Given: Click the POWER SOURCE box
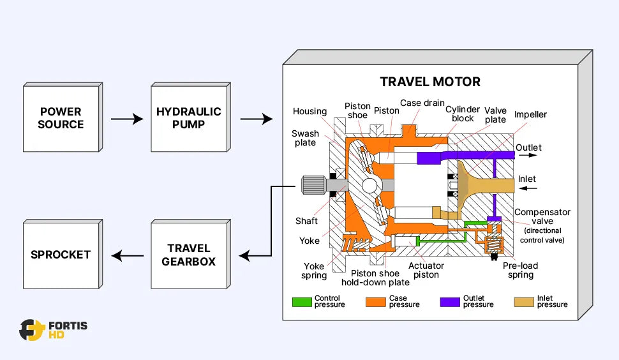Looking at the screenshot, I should click(x=61, y=118).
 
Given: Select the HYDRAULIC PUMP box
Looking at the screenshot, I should click(x=188, y=118).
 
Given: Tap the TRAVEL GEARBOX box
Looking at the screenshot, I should click(x=188, y=255).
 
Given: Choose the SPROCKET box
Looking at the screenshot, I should click(x=61, y=255).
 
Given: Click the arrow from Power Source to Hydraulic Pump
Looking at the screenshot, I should click(x=126, y=119).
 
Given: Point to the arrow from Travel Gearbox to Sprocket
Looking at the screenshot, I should click(x=127, y=256).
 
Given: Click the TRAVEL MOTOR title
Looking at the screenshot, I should click(x=430, y=82).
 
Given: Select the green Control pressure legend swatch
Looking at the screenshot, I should click(x=301, y=301).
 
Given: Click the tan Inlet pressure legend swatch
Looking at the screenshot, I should click(x=525, y=301).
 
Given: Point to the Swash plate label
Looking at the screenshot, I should click(x=305, y=138).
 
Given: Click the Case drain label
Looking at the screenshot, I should click(x=422, y=103).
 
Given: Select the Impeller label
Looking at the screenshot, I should click(x=531, y=115).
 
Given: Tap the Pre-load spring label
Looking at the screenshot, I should click(x=521, y=270).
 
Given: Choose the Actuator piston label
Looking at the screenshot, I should click(x=426, y=270).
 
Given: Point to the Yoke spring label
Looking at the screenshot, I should click(x=314, y=271).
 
